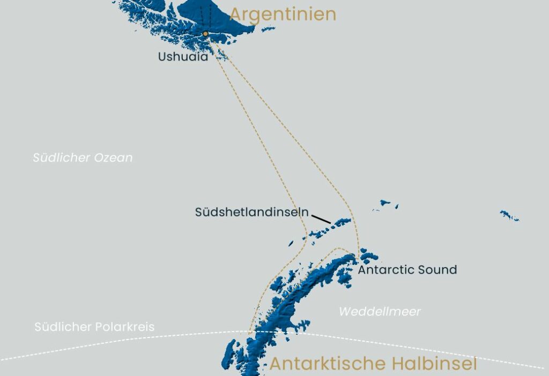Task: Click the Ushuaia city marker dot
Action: coord(205,34)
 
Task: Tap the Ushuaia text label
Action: coord(183,56)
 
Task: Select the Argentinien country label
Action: coord(283,14)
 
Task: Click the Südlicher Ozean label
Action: coord(83,158)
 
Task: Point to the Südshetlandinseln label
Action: coord(251,212)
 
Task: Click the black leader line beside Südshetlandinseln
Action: coord(321,219)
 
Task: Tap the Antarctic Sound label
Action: coord(407,269)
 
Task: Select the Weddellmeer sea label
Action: coord(380,312)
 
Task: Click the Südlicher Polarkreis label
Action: coord(94,327)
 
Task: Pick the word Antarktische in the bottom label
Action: coord(327,364)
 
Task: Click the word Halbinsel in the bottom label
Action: coord(434,364)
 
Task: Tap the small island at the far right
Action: coord(509,216)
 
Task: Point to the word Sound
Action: coord(438,269)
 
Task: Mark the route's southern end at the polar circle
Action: coord(250,332)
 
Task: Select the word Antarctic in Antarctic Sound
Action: coord(385,269)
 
